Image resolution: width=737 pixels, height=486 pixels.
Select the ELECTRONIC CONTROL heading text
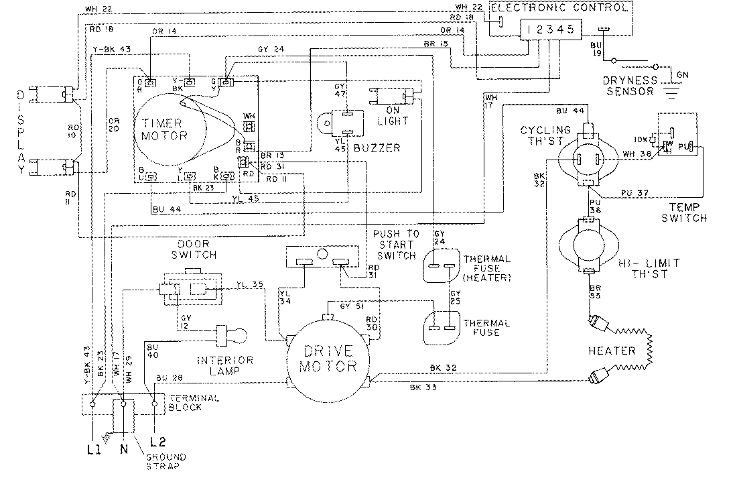click(560, 8)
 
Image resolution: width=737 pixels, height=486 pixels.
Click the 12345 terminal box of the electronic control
click(549, 29)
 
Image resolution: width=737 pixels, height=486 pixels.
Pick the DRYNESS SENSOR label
click(627, 85)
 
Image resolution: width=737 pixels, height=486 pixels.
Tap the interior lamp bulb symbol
click(231, 334)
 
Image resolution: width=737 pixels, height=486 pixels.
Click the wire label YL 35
click(250, 285)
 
